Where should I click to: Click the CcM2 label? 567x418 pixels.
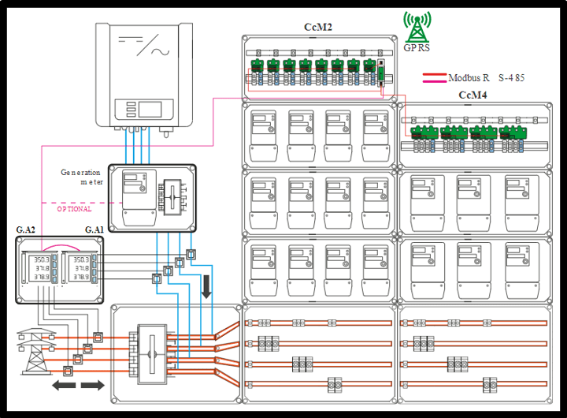click(318, 28)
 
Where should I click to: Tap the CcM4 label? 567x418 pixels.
click(472, 95)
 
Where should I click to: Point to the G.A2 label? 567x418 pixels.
click(26, 230)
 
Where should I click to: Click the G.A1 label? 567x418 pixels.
click(94, 230)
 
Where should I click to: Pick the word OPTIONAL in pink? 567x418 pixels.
click(74, 209)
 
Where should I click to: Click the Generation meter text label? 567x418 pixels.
click(82, 177)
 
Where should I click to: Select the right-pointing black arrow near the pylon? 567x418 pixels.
click(92, 385)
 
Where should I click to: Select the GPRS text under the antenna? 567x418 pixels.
click(416, 48)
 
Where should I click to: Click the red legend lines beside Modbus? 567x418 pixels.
click(434, 78)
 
